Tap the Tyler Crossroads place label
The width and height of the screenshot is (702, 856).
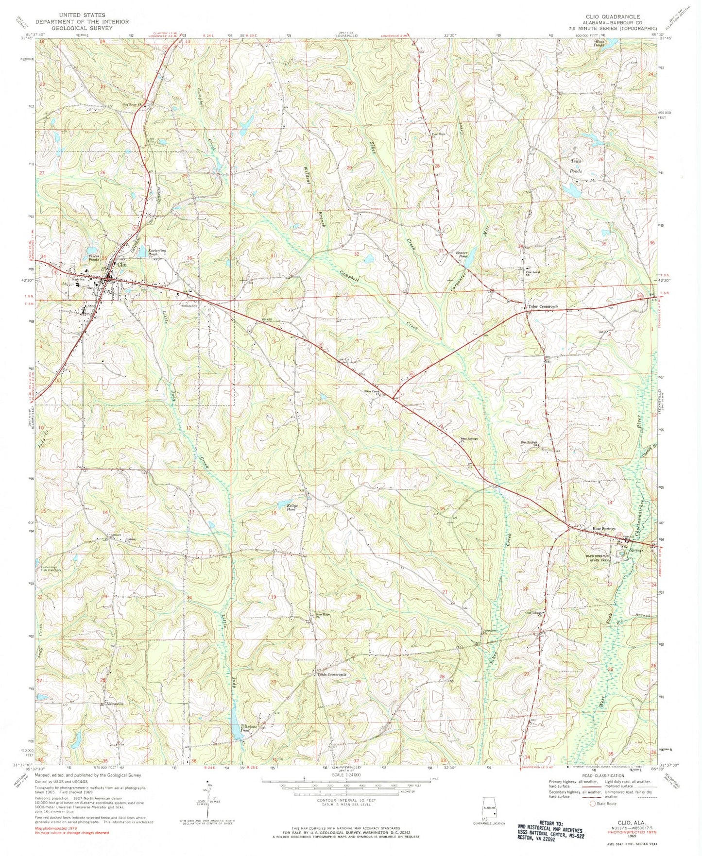tap(544, 307)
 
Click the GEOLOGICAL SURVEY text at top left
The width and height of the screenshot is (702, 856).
tap(82, 28)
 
